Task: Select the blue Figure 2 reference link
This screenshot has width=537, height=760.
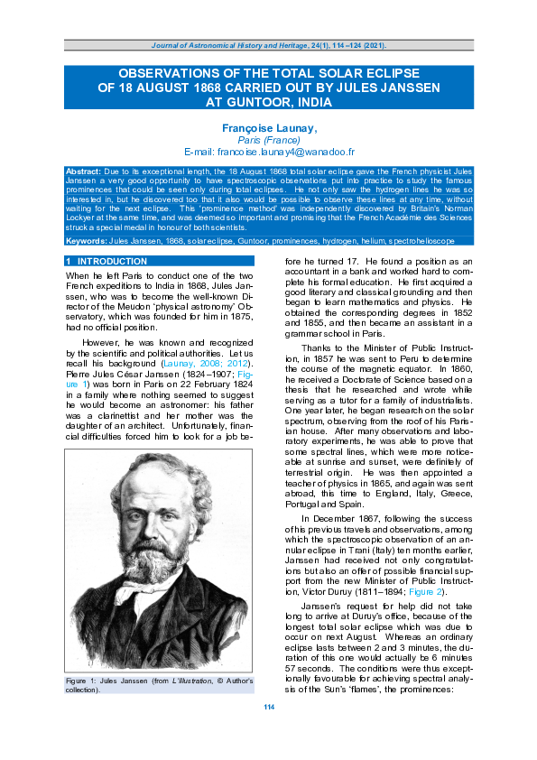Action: [x=427, y=567]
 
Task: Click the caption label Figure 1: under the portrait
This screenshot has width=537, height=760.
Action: [x=86, y=679]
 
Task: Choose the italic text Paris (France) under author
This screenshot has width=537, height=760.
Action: [x=268, y=142]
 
